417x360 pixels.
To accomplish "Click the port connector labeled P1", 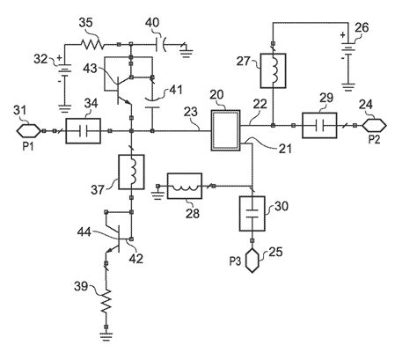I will (x=29, y=133).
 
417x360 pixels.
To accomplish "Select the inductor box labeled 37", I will (x=132, y=174).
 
